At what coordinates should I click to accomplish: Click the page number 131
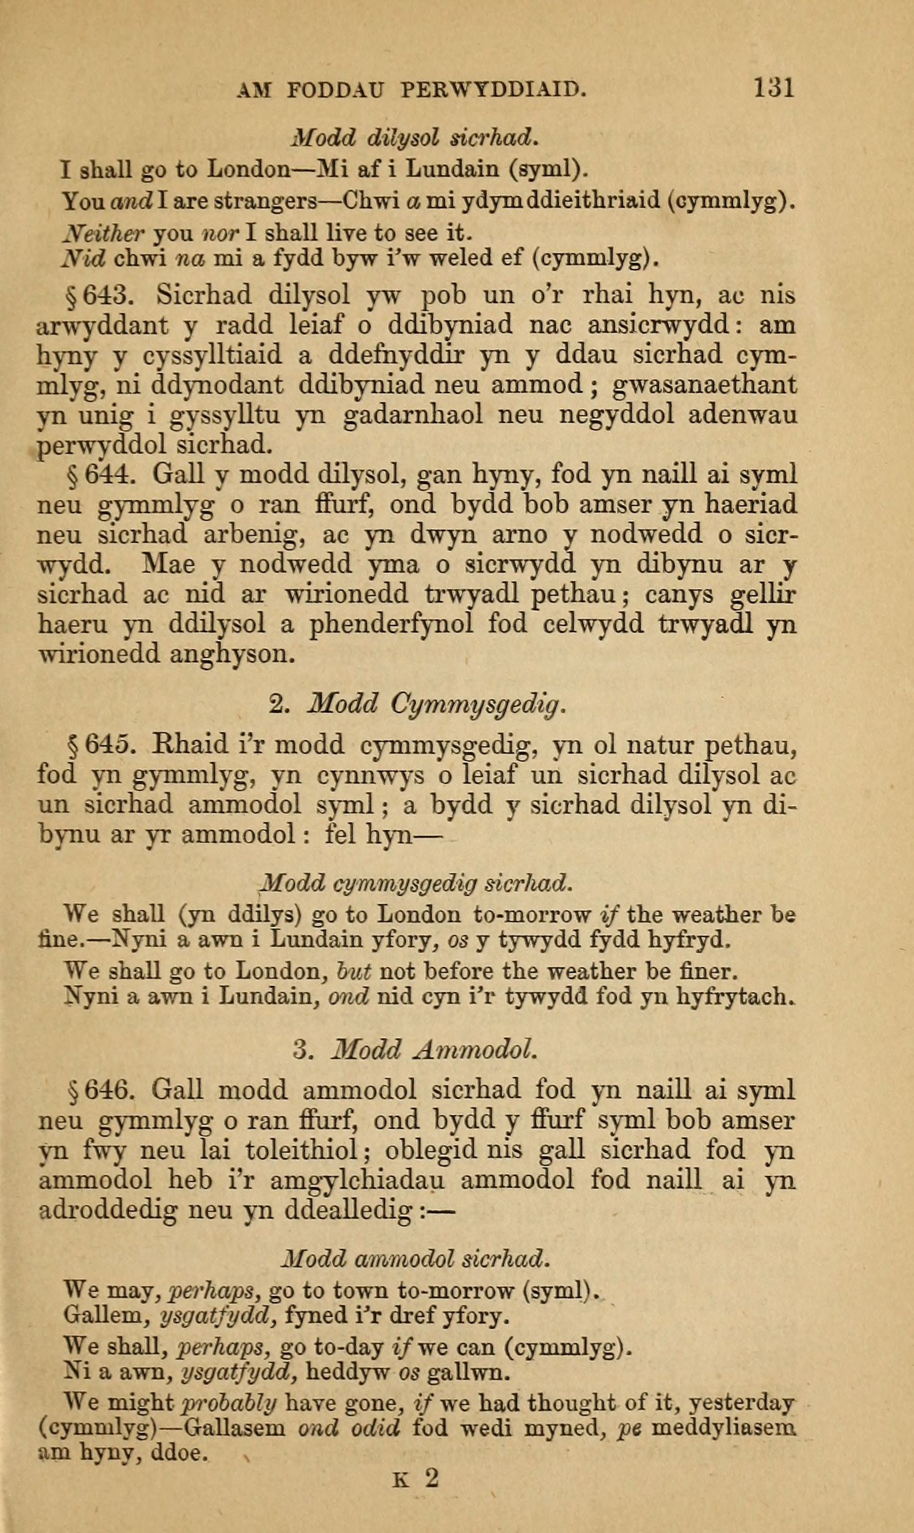(773, 88)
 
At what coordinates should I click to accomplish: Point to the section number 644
(107, 474)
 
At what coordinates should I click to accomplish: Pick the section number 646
(107, 1090)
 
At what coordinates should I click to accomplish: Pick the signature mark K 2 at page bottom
(417, 1508)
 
